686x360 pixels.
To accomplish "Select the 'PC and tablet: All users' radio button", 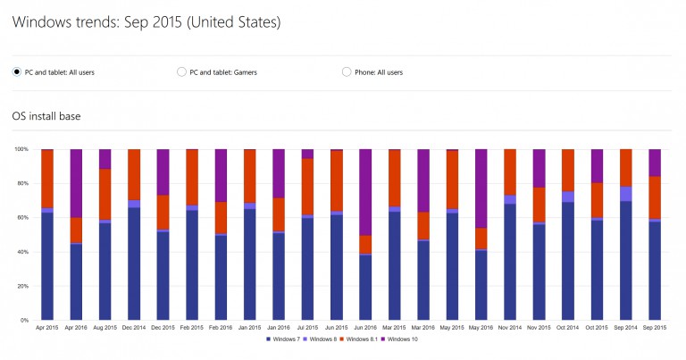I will (x=17, y=72).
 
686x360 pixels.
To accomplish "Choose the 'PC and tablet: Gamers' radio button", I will (x=182, y=72).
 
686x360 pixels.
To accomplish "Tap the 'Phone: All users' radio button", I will (x=347, y=72).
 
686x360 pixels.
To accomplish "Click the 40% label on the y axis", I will (x=24, y=252).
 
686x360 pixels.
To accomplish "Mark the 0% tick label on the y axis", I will (x=26, y=320).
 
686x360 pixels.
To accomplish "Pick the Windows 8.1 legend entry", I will (x=365, y=339).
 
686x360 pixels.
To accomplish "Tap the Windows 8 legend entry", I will (x=324, y=339).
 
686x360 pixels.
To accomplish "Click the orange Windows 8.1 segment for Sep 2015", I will (x=655, y=197).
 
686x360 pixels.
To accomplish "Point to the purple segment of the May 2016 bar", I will (x=481, y=188).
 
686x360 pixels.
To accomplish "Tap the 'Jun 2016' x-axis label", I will (x=364, y=328).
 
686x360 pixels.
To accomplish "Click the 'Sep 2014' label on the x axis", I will (x=625, y=328).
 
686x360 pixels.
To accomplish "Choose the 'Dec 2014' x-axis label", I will (x=134, y=328).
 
